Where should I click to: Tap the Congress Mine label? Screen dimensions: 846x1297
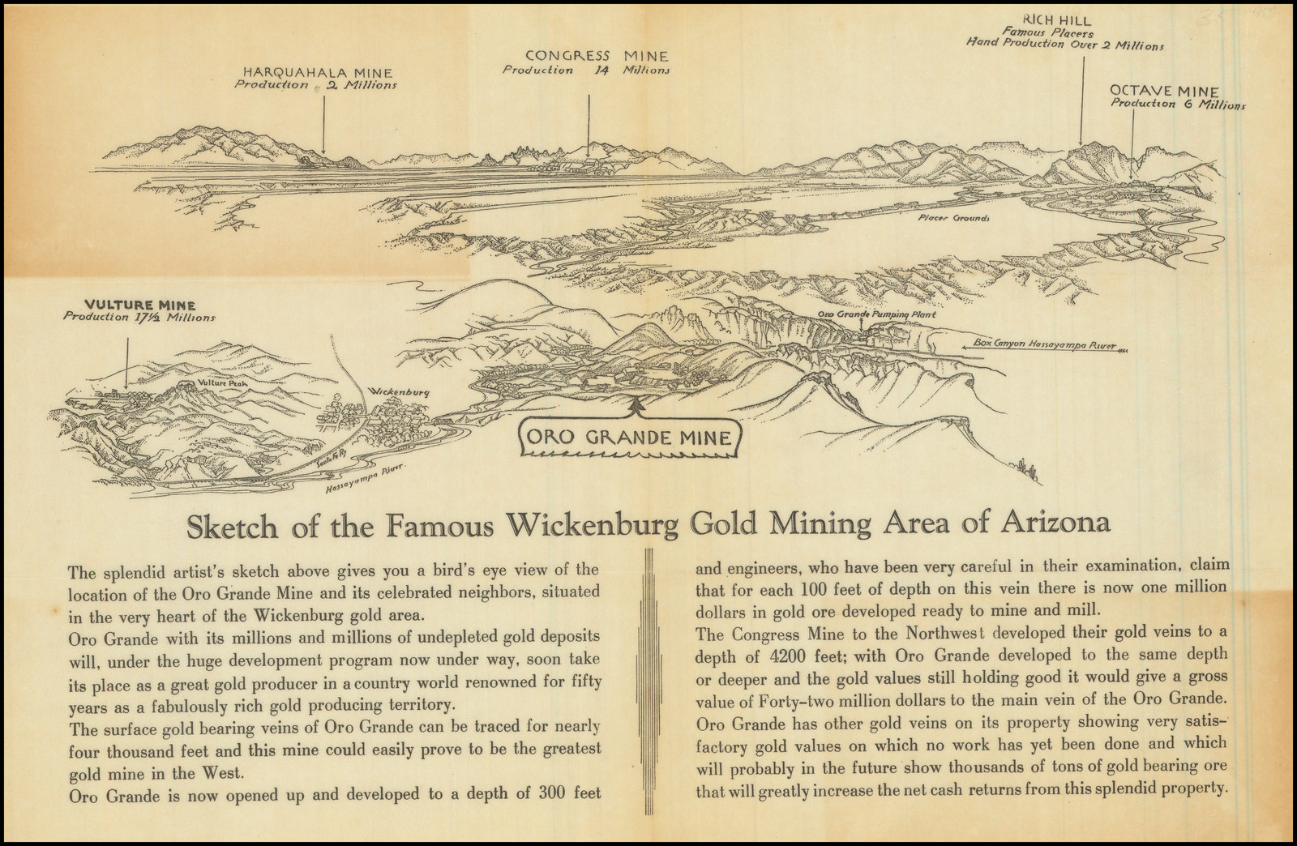pyautogui.click(x=597, y=56)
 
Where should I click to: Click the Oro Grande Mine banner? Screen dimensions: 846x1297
pyautogui.click(x=629, y=438)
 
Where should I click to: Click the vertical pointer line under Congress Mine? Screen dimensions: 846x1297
pyautogui.click(x=589, y=122)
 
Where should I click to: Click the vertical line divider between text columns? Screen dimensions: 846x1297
pyautogui.click(x=648, y=681)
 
